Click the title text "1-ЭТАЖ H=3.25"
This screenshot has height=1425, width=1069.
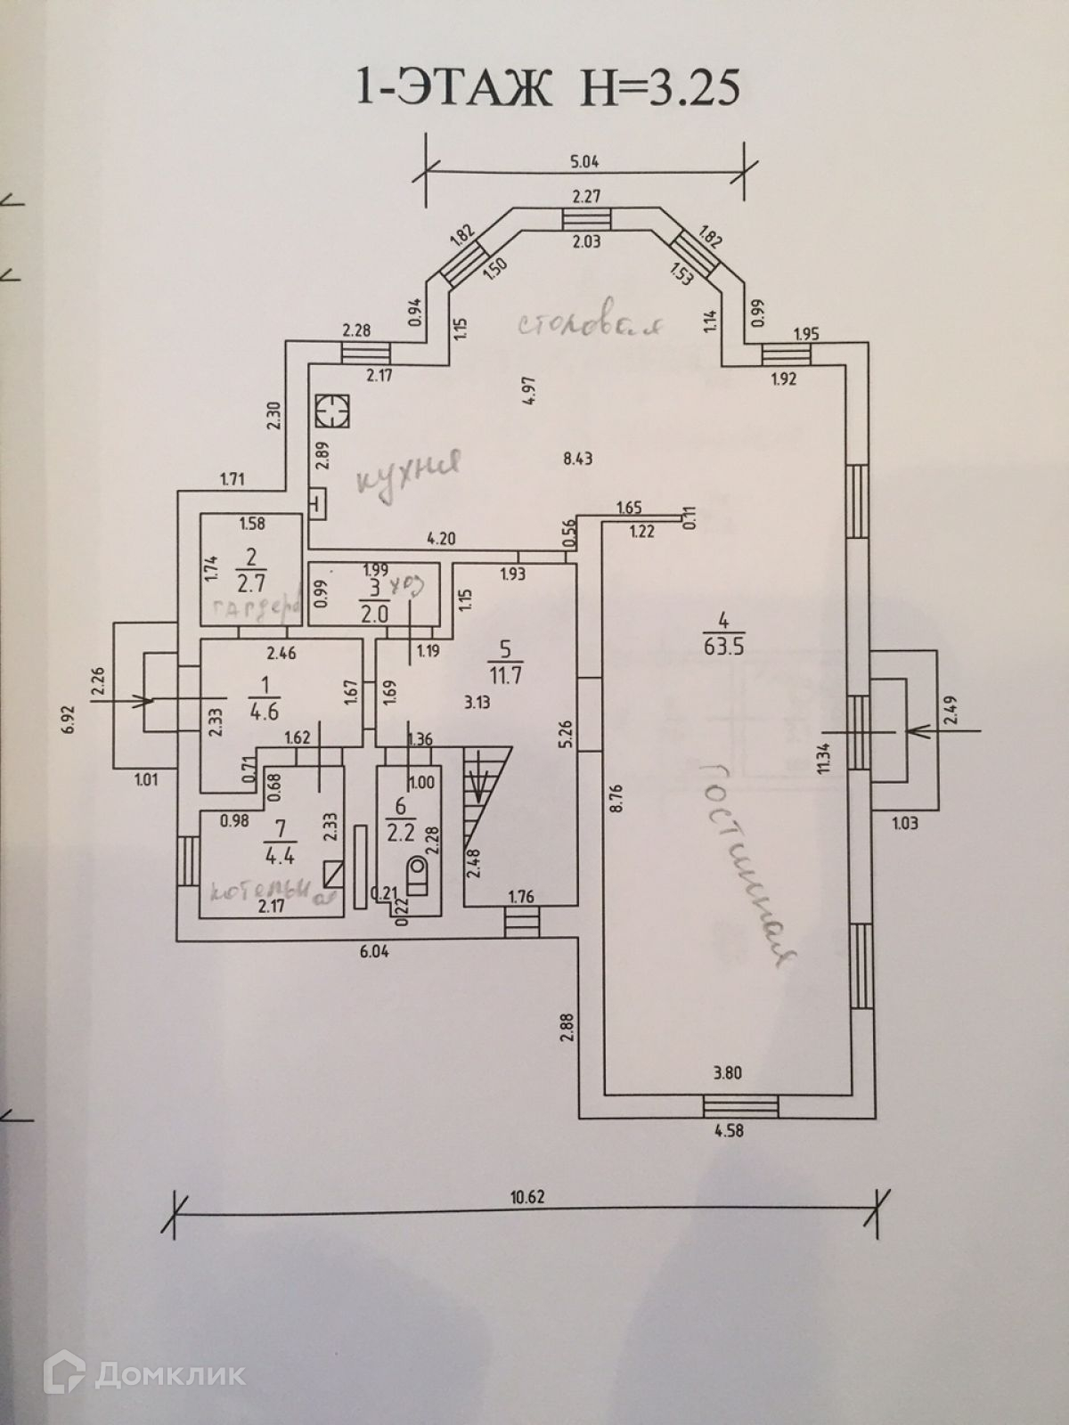[547, 88]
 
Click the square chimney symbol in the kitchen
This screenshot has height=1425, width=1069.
[332, 411]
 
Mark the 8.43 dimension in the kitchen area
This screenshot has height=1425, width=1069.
[578, 460]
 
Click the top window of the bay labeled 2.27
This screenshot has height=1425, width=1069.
[587, 220]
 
